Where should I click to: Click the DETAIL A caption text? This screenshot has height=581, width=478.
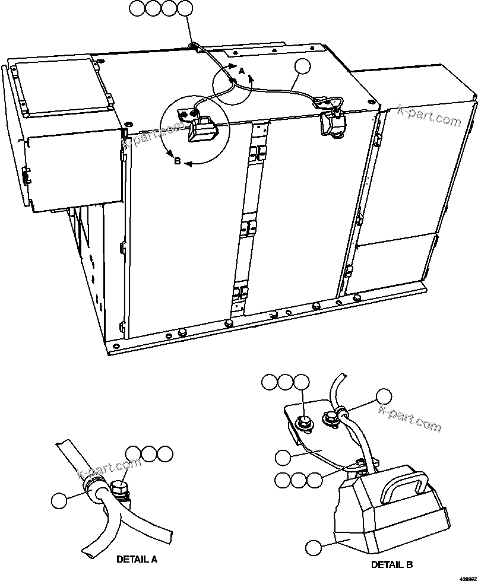[137, 559]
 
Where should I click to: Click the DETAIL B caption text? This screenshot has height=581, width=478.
[391, 564]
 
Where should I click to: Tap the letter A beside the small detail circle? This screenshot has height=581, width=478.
[241, 71]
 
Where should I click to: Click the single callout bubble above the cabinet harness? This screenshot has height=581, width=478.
[303, 67]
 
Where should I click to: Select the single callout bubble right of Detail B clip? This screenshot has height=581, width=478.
[385, 397]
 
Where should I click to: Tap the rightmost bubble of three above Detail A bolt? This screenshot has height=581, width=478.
[166, 455]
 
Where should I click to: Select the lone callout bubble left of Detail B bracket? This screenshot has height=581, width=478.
[283, 457]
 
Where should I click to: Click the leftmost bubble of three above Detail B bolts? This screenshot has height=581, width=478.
[270, 382]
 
